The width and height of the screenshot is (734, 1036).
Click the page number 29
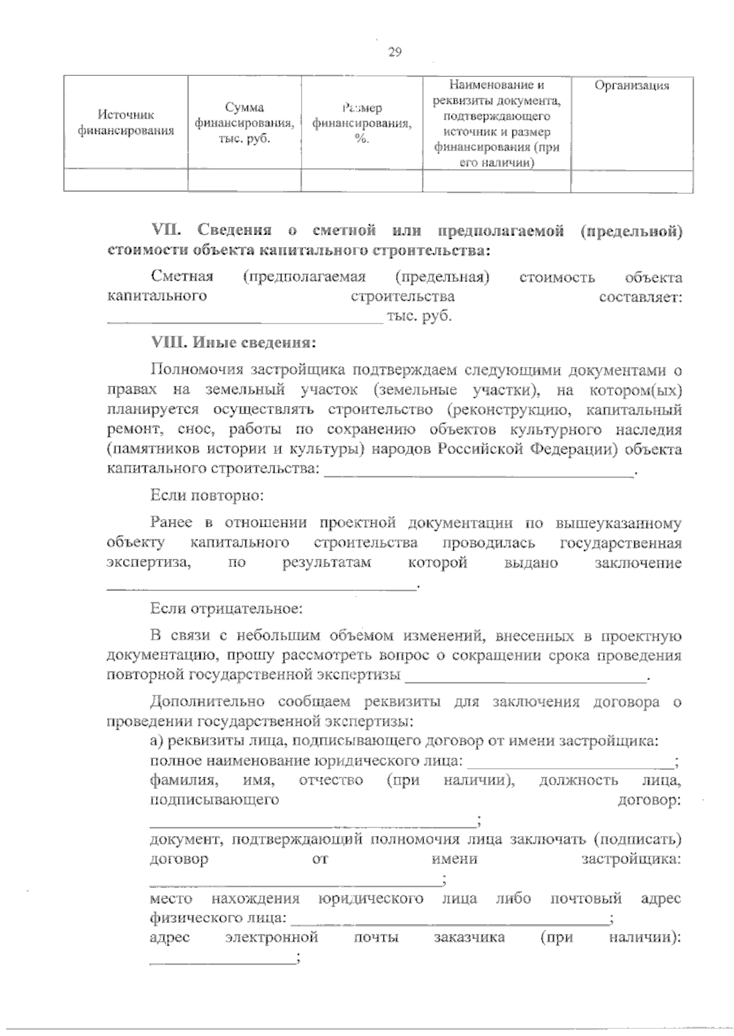tap(395, 52)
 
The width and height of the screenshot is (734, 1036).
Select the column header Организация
tap(632, 86)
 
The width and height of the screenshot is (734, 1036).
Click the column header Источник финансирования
tap(126, 122)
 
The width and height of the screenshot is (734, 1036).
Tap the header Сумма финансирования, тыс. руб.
tap(244, 123)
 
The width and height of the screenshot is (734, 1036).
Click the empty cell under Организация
tap(632, 180)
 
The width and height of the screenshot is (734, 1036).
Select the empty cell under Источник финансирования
tap(126, 180)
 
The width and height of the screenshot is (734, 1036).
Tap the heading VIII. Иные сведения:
tap(233, 342)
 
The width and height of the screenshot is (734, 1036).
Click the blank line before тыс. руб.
tap(245, 318)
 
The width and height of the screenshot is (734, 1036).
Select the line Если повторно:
tap(207, 495)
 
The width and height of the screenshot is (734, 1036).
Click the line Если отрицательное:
tap(226, 609)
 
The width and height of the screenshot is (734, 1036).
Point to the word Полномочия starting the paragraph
tap(195, 370)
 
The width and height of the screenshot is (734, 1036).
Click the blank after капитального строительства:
tap(479, 471)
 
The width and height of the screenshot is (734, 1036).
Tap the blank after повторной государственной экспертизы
tap(526, 676)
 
